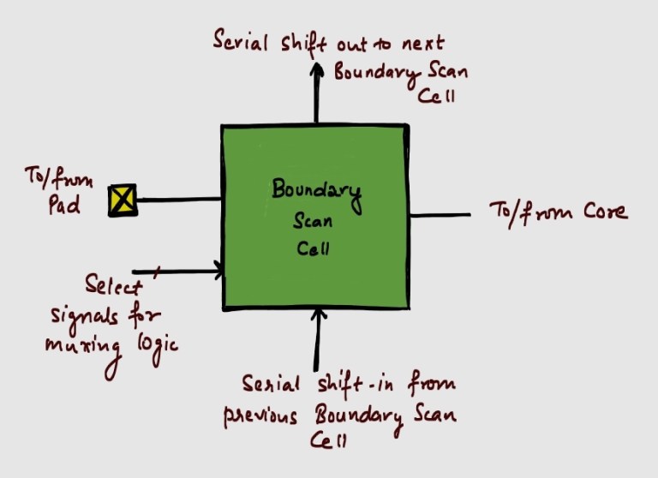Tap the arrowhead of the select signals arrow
click(219, 272)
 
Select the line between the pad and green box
click(178, 200)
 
